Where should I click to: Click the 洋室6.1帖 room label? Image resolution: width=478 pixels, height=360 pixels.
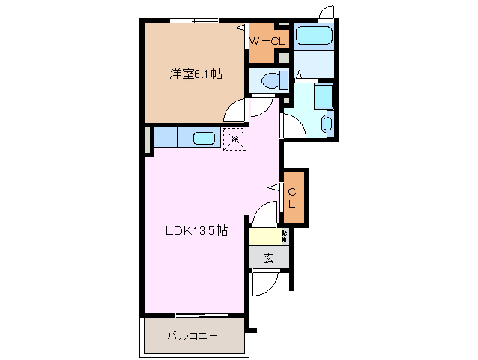click(195, 73)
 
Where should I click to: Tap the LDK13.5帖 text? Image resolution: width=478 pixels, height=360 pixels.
click(196, 231)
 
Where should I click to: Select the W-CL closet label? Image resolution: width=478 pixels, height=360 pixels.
click(267, 42)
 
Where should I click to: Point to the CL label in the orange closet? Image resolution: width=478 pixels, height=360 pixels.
click(293, 196)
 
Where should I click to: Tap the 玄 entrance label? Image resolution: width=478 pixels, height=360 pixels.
click(267, 257)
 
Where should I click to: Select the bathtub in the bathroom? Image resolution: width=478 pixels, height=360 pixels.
click(315, 36)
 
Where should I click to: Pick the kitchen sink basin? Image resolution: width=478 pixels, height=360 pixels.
click(204, 138)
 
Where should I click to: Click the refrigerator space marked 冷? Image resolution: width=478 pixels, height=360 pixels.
click(235, 138)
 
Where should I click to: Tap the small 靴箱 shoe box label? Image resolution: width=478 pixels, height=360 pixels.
click(285, 236)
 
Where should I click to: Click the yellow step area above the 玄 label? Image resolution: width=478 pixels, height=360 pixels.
click(264, 236)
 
